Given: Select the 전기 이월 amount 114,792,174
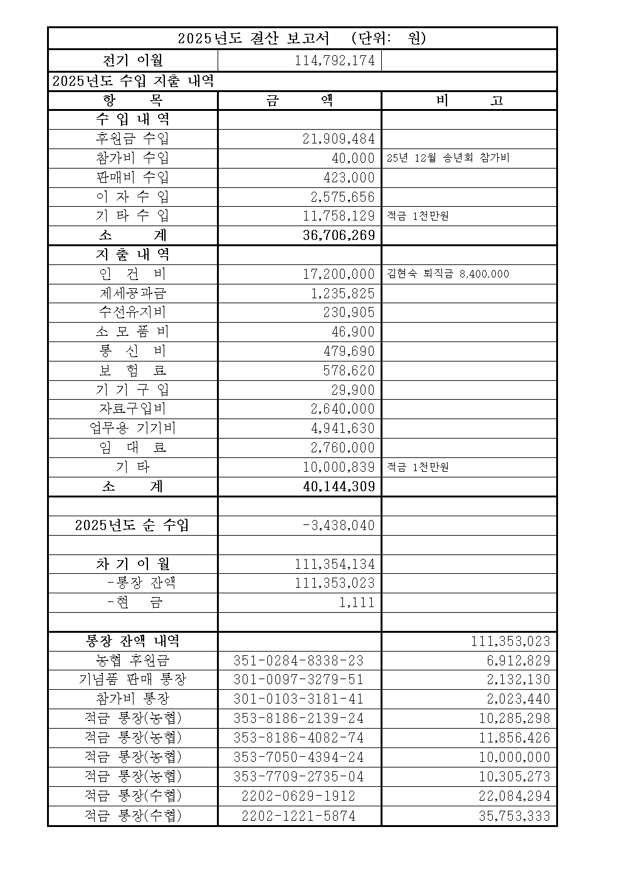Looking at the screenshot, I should pyautogui.click(x=334, y=61).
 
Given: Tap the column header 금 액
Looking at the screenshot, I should pyautogui.click(x=299, y=101).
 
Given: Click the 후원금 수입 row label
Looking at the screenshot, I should pyautogui.click(x=132, y=138).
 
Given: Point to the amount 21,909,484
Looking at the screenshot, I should pyautogui.click(x=339, y=139).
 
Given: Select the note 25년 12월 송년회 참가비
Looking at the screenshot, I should pyautogui.click(x=448, y=158).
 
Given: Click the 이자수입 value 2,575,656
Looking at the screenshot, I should pyautogui.click(x=343, y=197).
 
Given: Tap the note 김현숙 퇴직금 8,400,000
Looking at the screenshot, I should pyautogui.click(x=448, y=274).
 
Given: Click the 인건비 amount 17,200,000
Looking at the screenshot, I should pyautogui.click(x=339, y=274).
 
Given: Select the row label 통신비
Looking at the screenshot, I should pyautogui.click(x=132, y=351).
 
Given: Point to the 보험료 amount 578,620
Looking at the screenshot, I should pyautogui.click(x=349, y=370).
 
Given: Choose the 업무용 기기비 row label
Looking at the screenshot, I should pyautogui.click(x=132, y=429).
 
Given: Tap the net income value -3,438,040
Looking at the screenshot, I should pyautogui.click(x=339, y=525).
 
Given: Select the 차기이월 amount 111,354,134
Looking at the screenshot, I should pyautogui.click(x=335, y=564).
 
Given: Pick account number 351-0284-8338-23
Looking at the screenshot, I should pyautogui.click(x=298, y=660).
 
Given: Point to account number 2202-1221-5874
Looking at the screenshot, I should pyautogui.click(x=298, y=816).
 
